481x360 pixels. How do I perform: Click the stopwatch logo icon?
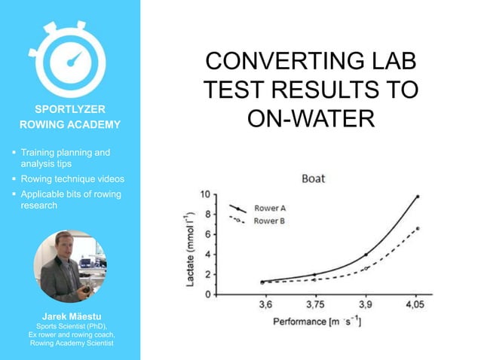(x=70, y=57)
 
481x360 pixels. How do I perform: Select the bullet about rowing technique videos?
(x=72, y=179)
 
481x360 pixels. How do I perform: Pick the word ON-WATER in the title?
(x=311, y=119)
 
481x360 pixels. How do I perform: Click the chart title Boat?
(x=313, y=178)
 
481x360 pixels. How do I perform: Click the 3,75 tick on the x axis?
(x=315, y=306)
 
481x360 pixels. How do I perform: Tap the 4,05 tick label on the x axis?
(x=416, y=306)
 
